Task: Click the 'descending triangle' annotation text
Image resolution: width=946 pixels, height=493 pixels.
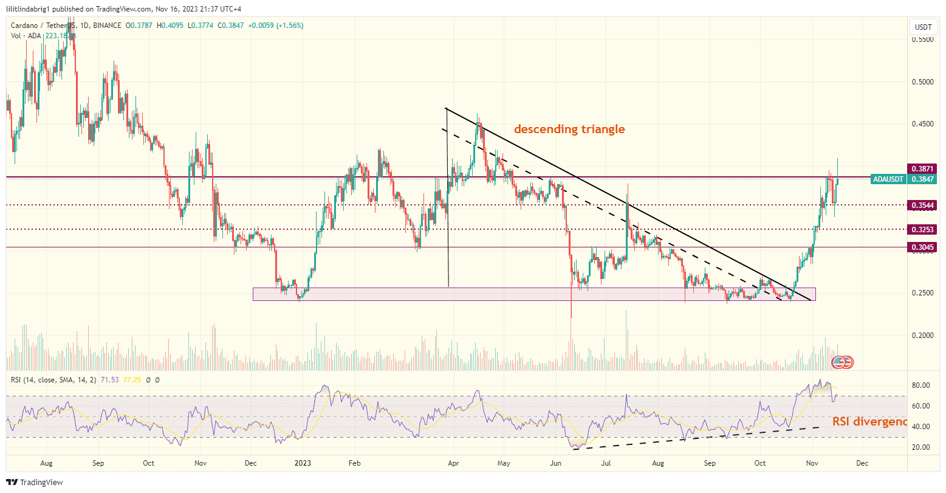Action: pos(569,129)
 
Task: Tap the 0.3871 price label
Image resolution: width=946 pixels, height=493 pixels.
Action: pos(921,168)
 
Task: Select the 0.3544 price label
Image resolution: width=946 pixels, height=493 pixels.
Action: pos(921,205)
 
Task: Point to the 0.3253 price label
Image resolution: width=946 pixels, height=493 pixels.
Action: pos(921,229)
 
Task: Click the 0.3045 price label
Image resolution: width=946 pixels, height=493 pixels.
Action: pos(921,247)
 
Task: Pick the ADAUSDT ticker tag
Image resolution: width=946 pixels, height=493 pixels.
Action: pos(887,179)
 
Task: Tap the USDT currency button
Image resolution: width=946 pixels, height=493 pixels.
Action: pos(924,27)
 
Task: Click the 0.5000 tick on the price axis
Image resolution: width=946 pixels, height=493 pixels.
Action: pos(922,81)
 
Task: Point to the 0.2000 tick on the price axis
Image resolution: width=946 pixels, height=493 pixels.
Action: pos(922,335)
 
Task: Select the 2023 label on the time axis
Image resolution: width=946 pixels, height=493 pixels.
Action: pos(302,463)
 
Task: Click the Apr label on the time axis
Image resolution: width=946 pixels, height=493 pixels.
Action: pos(453,463)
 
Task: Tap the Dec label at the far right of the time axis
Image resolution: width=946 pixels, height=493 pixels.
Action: pos(862,463)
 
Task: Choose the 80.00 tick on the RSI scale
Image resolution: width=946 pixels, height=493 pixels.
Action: pos(921,385)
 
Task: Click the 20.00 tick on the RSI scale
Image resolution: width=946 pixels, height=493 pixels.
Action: pos(921,447)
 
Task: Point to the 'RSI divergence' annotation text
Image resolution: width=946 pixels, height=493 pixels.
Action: pos(869,421)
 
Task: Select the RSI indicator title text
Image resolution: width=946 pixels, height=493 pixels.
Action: pos(55,380)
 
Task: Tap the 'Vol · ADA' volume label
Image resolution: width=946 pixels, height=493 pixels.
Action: pos(25,36)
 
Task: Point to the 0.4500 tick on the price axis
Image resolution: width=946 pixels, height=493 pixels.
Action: pos(922,123)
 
